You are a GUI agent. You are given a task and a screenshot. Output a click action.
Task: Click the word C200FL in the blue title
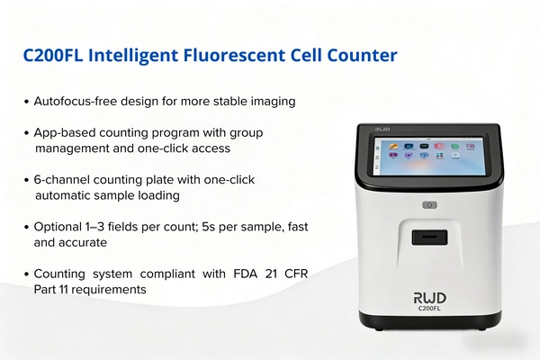click(x=53, y=55)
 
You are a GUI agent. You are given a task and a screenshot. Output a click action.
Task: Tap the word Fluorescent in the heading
click(x=234, y=55)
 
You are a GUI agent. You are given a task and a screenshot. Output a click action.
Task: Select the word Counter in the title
click(x=363, y=55)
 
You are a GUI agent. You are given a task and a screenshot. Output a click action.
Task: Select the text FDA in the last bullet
click(x=245, y=274)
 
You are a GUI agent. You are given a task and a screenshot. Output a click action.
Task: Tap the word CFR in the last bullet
click(x=296, y=274)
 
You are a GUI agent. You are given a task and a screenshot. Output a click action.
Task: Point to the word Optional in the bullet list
click(x=58, y=227)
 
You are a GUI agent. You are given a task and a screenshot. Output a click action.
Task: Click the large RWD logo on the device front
click(x=430, y=298)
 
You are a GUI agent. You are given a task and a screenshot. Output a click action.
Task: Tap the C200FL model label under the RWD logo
click(x=429, y=308)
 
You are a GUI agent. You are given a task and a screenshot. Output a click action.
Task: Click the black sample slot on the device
click(x=430, y=238)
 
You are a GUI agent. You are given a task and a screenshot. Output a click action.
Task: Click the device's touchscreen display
click(x=429, y=156)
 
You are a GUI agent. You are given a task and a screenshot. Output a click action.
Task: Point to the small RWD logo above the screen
click(x=382, y=130)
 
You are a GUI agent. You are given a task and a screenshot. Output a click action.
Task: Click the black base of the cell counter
click(x=430, y=319)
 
